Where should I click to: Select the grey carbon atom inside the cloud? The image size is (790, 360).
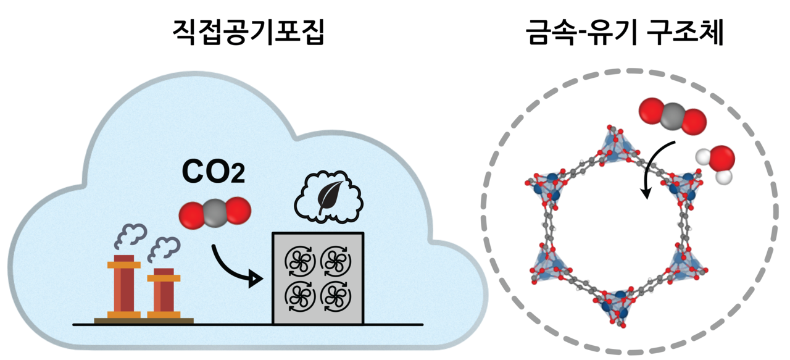[215, 212]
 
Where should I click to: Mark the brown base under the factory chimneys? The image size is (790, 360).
[143, 320]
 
